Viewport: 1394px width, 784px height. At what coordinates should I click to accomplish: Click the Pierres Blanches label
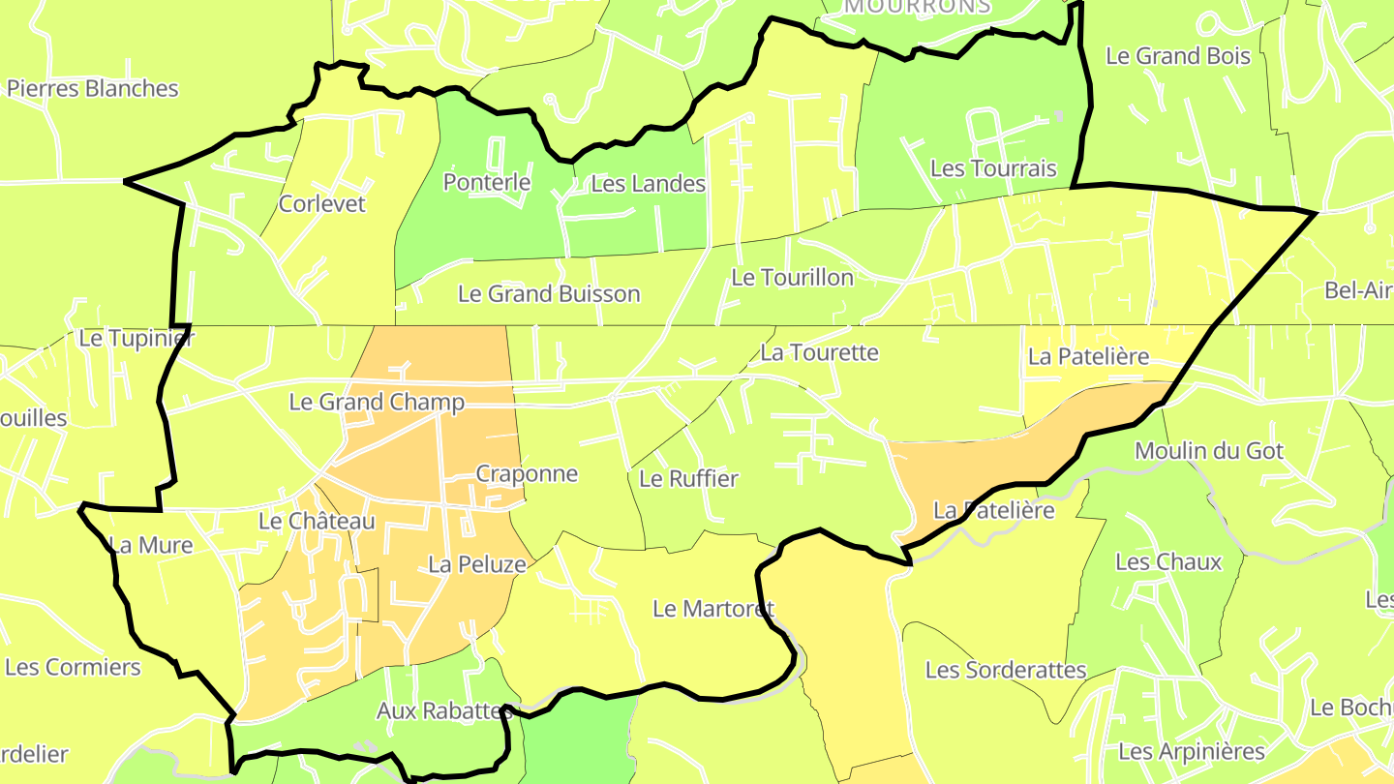pos(93,88)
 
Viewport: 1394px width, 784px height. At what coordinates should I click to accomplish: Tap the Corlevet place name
pos(322,203)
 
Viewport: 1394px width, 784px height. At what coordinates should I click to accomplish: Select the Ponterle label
pos(487,182)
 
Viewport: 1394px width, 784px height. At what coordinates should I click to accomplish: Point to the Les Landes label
pos(648,183)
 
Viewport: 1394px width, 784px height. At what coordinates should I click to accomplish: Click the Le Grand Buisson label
pos(549,293)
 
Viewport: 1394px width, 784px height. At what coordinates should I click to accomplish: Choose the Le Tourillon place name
pos(792,278)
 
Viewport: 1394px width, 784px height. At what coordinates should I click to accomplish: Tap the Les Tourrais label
pos(993,168)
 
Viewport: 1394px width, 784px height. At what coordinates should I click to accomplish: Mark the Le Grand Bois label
pos(1178,56)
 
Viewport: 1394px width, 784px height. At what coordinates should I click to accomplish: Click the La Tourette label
pos(819,352)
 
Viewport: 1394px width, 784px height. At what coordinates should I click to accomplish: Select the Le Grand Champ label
pos(377,402)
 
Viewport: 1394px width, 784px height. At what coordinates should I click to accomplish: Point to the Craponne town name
pos(527,473)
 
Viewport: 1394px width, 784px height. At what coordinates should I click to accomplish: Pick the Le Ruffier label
pos(688,478)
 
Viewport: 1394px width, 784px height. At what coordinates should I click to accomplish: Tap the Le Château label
pos(317,521)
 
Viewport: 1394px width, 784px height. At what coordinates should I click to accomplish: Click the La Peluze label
pos(477,564)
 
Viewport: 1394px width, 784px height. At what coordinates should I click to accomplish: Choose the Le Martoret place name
pos(713,609)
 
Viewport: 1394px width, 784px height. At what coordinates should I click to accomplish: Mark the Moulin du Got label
pos(1209,451)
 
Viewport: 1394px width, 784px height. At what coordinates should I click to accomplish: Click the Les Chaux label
pos(1168,562)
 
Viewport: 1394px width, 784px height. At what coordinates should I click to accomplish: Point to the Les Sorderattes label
pos(1006,670)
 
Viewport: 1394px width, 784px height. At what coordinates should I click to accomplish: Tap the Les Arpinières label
pos(1192,751)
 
